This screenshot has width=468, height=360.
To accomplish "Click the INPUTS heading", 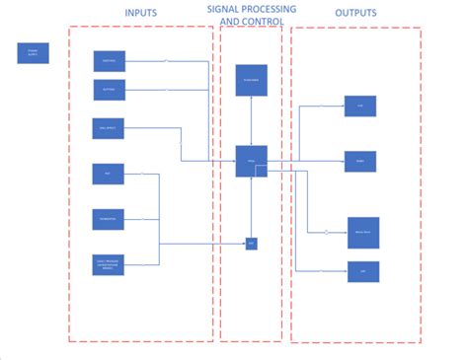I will click(x=141, y=12).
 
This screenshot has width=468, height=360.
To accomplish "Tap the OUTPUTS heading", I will click(x=354, y=13).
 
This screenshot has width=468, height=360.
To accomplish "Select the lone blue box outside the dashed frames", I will click(x=33, y=53).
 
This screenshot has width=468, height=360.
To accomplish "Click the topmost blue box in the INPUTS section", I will click(x=109, y=61).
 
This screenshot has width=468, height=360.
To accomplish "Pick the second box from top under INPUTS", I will click(x=109, y=90).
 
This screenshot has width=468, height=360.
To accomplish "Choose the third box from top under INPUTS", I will click(x=109, y=128).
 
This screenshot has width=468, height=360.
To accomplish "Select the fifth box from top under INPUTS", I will click(x=109, y=218).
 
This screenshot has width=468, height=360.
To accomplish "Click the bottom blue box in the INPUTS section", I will click(x=109, y=263).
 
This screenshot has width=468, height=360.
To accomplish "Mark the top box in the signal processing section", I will click(x=251, y=79).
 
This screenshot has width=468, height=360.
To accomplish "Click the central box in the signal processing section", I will click(x=251, y=161).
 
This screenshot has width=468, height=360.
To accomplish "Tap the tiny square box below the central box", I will click(x=251, y=243).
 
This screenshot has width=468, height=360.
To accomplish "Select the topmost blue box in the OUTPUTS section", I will click(x=359, y=107).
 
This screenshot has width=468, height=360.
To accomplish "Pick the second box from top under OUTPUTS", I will click(x=359, y=161).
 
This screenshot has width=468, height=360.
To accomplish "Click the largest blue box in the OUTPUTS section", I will click(x=362, y=232).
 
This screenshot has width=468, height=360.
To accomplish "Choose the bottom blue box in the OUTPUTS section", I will click(x=362, y=271).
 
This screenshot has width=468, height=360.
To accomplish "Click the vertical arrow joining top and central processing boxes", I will click(x=251, y=120).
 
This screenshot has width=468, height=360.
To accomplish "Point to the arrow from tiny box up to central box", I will click(x=251, y=207).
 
